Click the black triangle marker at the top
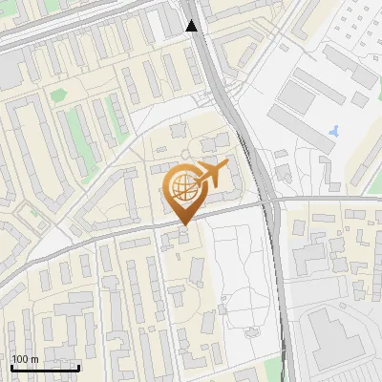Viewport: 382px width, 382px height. [x=192, y=26]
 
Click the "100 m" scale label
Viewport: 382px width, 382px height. [x=25, y=359]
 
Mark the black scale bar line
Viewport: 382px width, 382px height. [x=45, y=367]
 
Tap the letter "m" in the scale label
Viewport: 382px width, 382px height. [x=34, y=359]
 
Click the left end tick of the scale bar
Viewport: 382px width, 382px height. [x=12, y=366]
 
